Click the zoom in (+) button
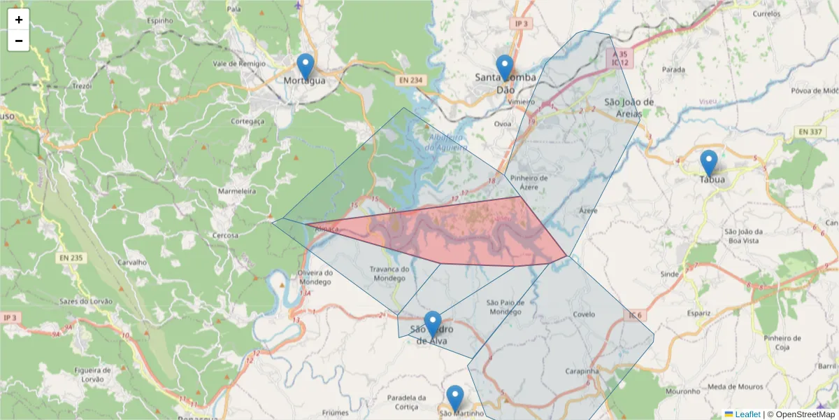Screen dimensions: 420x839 [x=19, y=20]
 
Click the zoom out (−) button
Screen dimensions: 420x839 [x=19, y=41]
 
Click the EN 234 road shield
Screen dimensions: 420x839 [x=410, y=80]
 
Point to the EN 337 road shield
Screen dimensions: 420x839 [x=810, y=132]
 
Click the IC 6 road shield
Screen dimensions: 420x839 [x=634, y=316]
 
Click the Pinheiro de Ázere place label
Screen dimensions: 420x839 [x=529, y=182]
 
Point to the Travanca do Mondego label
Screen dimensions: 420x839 [x=389, y=274]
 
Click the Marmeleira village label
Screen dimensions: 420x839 [x=237, y=191]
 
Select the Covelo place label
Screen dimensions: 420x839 [x=584, y=315]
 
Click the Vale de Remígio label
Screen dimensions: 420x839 [x=239, y=64]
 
